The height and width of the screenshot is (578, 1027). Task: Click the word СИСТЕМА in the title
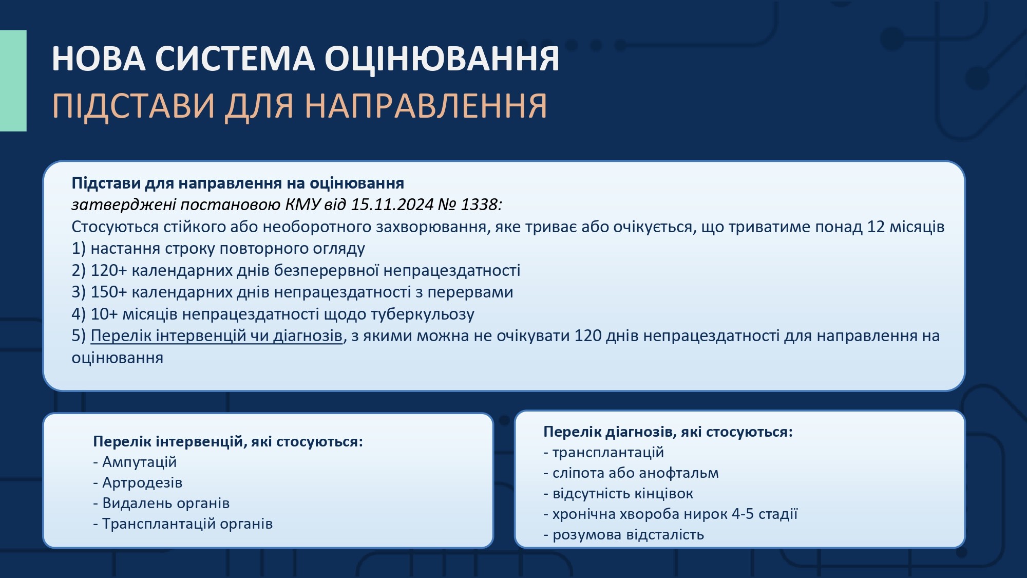235,59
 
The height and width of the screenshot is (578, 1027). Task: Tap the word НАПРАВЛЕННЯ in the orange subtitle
426,106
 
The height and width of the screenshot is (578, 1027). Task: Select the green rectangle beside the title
13,81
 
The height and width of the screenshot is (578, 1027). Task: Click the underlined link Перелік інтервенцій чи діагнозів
216,335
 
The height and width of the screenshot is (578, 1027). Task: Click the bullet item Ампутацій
135,462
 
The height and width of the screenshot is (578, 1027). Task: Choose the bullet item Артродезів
138,482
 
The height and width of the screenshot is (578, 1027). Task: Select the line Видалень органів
161,503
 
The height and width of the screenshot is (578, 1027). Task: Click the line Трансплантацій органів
183,524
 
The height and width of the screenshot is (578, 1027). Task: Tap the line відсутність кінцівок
618,493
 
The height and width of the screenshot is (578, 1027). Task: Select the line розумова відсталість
623,534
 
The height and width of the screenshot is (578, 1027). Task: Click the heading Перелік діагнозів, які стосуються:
668,432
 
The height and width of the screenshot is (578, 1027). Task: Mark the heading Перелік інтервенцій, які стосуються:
228,441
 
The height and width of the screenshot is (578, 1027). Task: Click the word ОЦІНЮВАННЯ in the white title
442,59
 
